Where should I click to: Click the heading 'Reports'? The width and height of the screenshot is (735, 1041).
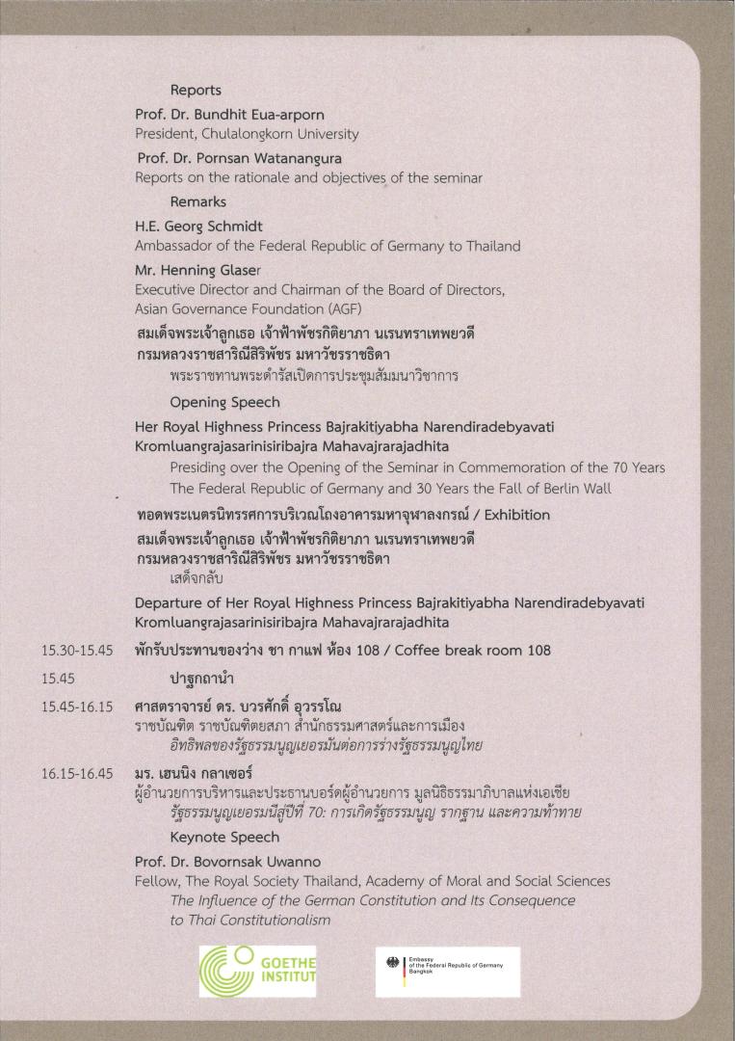196,90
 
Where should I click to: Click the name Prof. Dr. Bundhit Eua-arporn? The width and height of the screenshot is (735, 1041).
229,114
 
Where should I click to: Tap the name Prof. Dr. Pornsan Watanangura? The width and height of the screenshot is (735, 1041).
239,157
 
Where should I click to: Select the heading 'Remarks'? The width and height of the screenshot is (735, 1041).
197,201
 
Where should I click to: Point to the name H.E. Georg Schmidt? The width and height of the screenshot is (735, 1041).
198,226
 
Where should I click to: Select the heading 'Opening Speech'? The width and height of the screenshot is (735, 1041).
224,402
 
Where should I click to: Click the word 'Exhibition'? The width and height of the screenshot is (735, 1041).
516,514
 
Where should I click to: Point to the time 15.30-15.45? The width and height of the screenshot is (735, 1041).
77,651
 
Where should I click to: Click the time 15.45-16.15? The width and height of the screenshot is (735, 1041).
77,707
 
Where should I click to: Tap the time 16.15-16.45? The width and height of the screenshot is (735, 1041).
77,773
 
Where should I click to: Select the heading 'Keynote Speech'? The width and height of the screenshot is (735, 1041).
224,838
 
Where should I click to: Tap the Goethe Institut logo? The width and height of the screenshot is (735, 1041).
257,971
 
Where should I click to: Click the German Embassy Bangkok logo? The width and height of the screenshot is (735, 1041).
447,971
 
